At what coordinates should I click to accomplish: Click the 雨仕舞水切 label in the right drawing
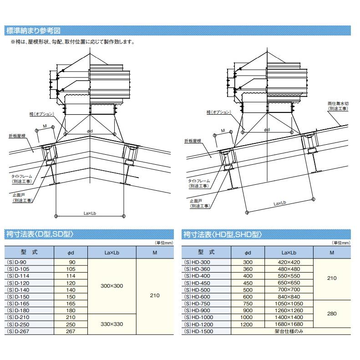coord(337,106)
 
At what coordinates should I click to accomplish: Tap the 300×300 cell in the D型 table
coord(112,286)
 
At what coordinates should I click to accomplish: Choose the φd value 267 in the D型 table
coord(71,331)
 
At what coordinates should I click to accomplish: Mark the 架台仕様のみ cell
coord(289,331)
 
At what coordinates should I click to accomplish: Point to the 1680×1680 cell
coord(289,324)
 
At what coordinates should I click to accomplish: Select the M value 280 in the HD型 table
coord(332,314)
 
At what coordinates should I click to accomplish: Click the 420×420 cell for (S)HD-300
coord(289,263)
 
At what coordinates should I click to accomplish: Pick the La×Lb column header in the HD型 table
coord(289,252)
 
